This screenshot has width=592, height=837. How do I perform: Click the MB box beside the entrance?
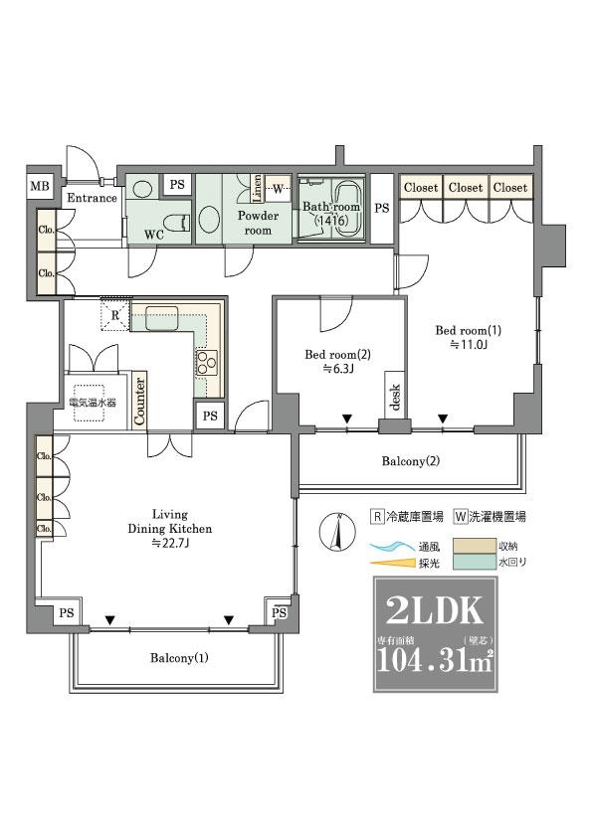pyautogui.click(x=40, y=186)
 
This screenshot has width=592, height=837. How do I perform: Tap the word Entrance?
pyautogui.click(x=93, y=198)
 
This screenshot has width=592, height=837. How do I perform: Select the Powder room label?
pyautogui.click(x=258, y=222)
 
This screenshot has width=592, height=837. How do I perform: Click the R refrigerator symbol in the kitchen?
pyautogui.click(x=115, y=315)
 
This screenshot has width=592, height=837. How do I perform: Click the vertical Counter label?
pyautogui.click(x=140, y=401)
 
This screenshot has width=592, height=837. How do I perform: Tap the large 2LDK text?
pyautogui.click(x=431, y=609)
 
